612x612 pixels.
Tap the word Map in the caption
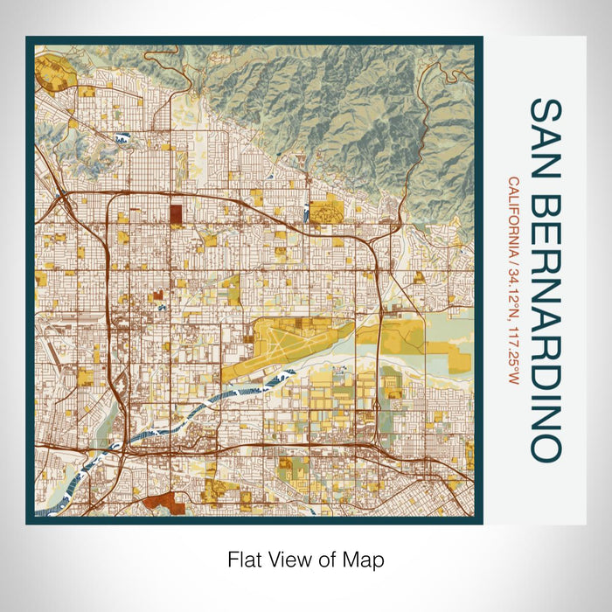(366, 558)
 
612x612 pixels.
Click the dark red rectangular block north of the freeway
(176, 213)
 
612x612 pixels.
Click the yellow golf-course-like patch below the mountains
(325, 210)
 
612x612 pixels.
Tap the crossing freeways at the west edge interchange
(61, 196)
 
